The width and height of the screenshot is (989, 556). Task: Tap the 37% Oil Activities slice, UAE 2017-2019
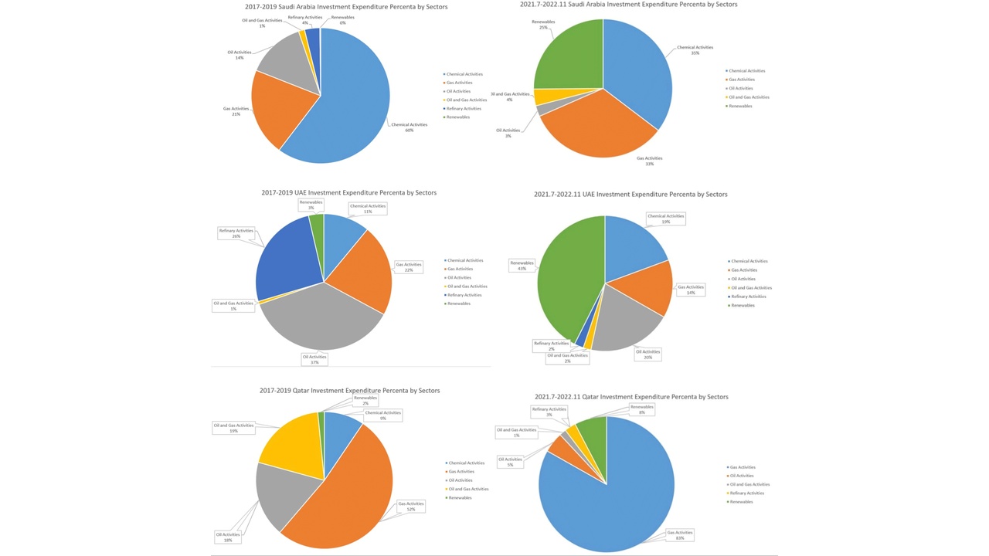(321, 320)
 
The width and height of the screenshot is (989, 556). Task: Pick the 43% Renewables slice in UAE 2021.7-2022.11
(568, 278)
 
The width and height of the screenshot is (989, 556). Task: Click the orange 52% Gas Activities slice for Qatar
(348, 486)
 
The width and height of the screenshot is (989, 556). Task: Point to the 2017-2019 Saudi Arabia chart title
(346, 7)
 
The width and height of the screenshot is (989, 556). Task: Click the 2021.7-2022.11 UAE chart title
(630, 195)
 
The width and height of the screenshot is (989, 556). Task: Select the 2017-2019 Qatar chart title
(349, 391)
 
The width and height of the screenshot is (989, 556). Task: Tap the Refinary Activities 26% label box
(236, 233)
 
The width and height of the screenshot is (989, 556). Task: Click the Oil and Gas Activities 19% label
(233, 428)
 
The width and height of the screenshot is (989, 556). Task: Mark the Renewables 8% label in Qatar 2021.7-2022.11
(642, 409)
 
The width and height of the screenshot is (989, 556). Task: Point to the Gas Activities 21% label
(236, 111)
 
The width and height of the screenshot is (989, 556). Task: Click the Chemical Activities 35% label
(695, 50)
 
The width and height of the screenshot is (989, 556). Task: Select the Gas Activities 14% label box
(690, 290)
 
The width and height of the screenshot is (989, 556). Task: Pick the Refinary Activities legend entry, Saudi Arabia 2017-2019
(464, 109)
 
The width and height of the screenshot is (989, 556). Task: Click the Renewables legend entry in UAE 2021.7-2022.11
(743, 306)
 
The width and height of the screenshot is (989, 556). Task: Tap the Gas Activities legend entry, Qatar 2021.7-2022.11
(743, 467)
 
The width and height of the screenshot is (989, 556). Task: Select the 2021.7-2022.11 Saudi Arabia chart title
(628, 5)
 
